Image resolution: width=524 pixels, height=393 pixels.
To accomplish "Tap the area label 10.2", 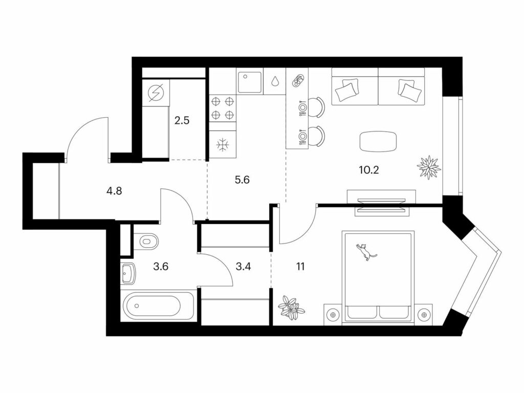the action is click(x=368, y=170).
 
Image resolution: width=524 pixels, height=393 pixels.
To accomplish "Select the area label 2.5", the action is click(x=182, y=120).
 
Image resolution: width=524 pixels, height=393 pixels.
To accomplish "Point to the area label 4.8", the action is click(x=114, y=191).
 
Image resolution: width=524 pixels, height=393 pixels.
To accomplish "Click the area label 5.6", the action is click(x=242, y=180).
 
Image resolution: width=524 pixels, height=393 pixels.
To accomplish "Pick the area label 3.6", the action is click(x=160, y=267).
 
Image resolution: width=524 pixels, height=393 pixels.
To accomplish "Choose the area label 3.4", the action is click(x=243, y=267).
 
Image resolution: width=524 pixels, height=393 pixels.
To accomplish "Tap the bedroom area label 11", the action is click(x=300, y=267).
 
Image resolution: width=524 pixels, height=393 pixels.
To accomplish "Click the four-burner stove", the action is click(x=223, y=107).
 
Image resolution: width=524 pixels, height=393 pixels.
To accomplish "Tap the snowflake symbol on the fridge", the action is click(x=222, y=145).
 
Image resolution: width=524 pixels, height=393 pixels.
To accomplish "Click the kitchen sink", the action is click(x=250, y=82).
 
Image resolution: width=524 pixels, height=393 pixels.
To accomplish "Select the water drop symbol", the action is click(x=275, y=81).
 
